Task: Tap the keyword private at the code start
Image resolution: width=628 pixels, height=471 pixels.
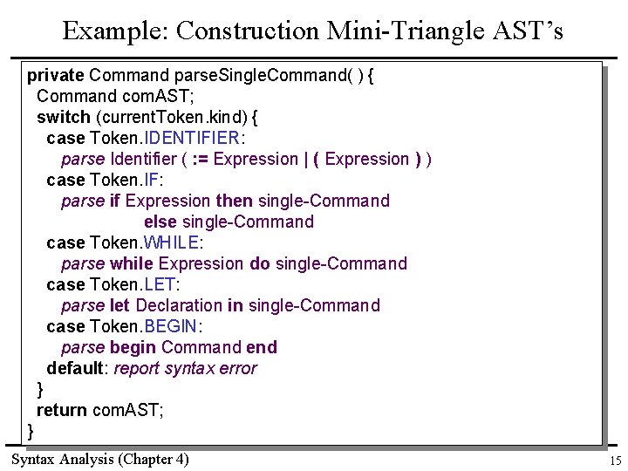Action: pyautogui.click(x=56, y=75)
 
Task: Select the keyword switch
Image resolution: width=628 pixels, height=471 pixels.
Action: pyautogui.click(x=63, y=117)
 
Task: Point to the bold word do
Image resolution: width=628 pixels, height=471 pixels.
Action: pyautogui.click(x=260, y=263)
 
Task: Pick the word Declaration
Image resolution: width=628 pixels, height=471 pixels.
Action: pyautogui.click(x=179, y=305)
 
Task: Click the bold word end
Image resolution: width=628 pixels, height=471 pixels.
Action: pyautogui.click(x=262, y=347)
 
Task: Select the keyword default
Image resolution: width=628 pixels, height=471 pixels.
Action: pyautogui.click(x=75, y=368)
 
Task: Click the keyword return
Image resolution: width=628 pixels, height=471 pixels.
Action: pyautogui.click(x=61, y=410)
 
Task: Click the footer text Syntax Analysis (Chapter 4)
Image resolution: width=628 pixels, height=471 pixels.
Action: pyautogui.click(x=99, y=459)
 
